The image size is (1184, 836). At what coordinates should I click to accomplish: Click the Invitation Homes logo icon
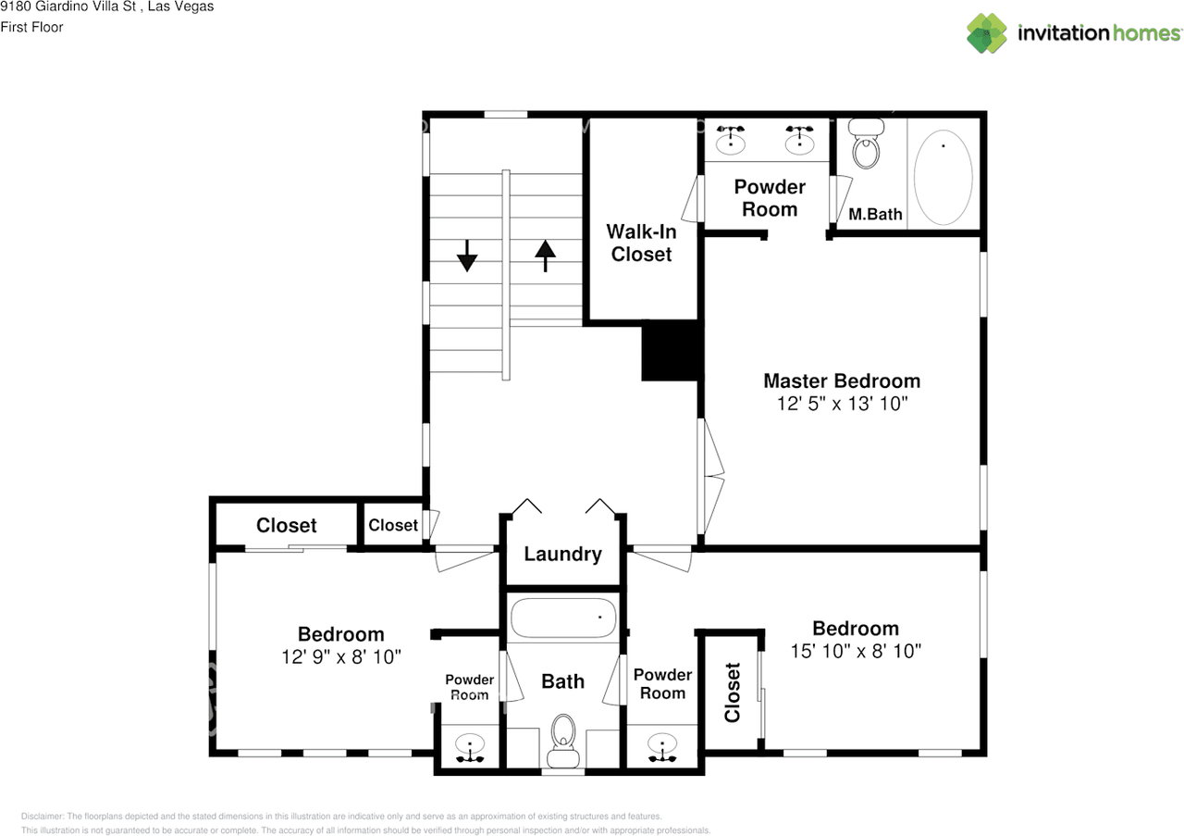pyautogui.click(x=987, y=33)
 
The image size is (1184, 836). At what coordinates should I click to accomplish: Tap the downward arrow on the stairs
pyautogui.click(x=466, y=255)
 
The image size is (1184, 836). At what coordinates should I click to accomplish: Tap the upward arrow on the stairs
pyautogui.click(x=545, y=255)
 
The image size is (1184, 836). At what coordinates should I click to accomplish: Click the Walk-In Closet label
pyautogui.click(x=640, y=243)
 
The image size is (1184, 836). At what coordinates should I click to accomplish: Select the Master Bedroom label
pyautogui.click(x=841, y=381)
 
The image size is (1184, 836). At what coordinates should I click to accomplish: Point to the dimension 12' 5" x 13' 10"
pyautogui.click(x=841, y=405)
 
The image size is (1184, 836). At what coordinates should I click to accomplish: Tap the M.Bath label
pyautogui.click(x=875, y=215)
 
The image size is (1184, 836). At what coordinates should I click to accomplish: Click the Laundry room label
pyautogui.click(x=562, y=555)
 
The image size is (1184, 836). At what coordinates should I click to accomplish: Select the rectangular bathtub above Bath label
pyautogui.click(x=562, y=618)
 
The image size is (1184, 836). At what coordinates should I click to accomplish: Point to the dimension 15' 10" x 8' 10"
pyautogui.click(x=856, y=652)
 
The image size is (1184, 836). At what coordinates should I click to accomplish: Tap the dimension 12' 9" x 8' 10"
pyautogui.click(x=341, y=657)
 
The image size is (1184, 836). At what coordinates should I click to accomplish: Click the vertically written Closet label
pyautogui.click(x=733, y=693)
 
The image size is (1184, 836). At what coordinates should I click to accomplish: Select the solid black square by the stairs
pyautogui.click(x=670, y=350)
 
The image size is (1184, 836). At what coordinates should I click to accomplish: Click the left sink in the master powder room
pyautogui.click(x=732, y=139)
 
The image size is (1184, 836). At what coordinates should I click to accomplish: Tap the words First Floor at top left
pyautogui.click(x=31, y=27)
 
